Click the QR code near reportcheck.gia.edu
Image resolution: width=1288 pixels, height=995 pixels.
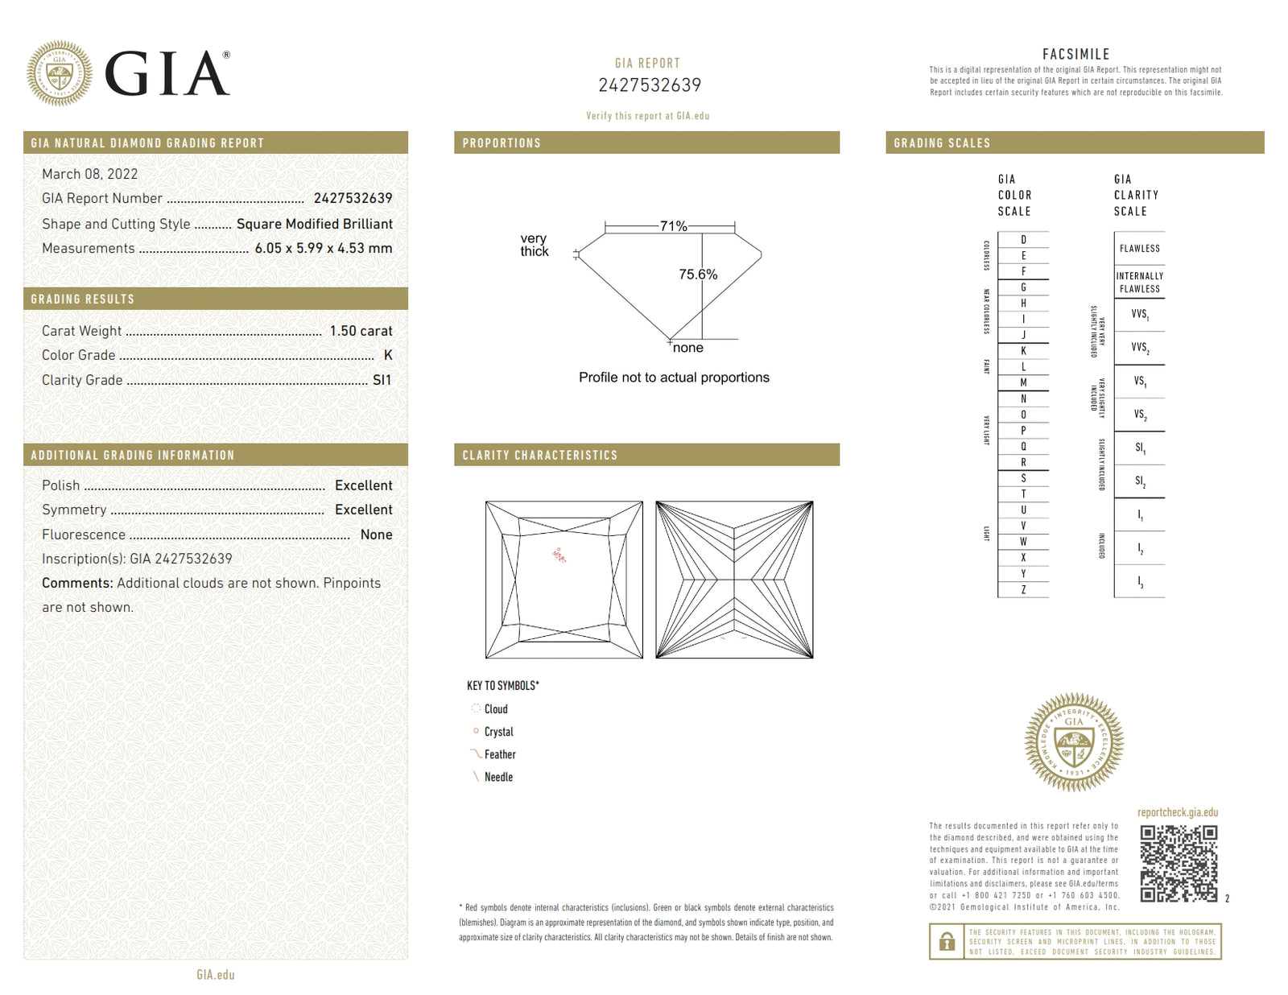1179,863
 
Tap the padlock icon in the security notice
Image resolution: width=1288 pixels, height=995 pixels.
947,941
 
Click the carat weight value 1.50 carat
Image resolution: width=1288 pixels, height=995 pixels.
361,331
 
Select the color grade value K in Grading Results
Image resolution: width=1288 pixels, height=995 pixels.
388,355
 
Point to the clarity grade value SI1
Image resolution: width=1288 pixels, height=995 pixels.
382,380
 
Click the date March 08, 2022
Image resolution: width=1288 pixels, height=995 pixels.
89,174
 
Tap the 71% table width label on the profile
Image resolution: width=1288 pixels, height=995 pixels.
673,226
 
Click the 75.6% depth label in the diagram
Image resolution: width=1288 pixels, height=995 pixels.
697,275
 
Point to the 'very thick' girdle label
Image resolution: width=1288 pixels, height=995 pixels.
534,245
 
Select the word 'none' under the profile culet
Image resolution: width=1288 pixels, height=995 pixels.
687,348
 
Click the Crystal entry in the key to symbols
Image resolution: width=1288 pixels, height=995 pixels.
498,732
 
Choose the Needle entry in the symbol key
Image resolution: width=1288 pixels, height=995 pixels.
498,777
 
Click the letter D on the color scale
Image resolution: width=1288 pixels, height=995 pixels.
1023,240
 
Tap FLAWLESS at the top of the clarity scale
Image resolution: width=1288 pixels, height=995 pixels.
1139,249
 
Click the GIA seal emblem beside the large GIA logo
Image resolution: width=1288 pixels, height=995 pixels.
59,73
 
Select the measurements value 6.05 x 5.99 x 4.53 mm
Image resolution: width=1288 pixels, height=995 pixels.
324,248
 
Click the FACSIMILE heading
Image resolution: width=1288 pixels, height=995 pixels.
1075,54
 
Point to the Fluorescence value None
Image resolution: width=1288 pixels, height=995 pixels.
376,535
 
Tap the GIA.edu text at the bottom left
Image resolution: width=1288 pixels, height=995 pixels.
215,975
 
